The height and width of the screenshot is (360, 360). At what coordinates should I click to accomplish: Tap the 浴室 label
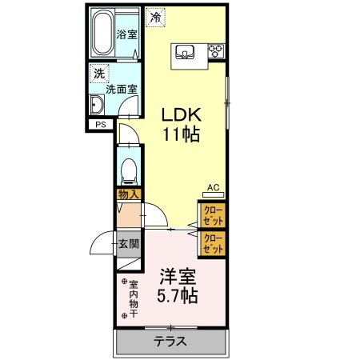(x=126, y=34)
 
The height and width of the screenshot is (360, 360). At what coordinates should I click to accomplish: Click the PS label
(x=101, y=125)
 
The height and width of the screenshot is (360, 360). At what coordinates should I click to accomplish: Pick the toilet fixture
(x=128, y=169)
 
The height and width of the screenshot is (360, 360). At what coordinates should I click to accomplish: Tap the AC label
(x=213, y=188)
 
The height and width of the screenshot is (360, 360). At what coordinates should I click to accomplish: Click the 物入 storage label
(x=128, y=194)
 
